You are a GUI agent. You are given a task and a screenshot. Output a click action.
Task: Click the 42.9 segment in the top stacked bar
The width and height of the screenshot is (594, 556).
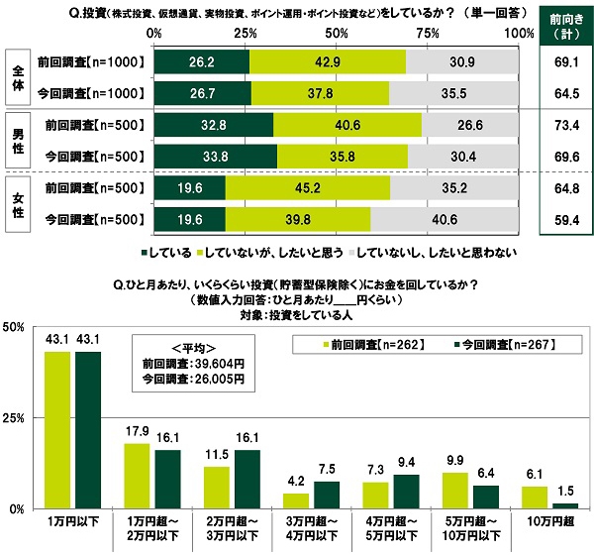(x=327, y=61)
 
